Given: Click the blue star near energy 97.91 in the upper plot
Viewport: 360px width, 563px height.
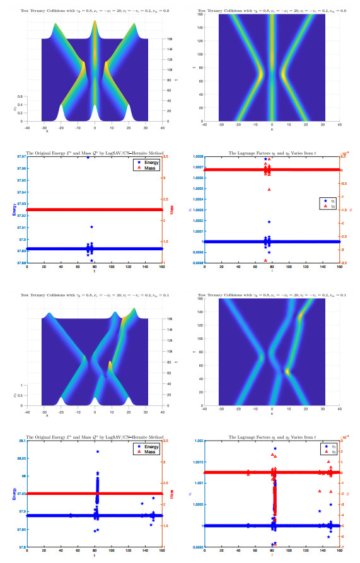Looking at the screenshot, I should click(x=91, y=227).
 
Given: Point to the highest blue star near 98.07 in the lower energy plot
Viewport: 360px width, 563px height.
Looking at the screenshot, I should click(x=98, y=451).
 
